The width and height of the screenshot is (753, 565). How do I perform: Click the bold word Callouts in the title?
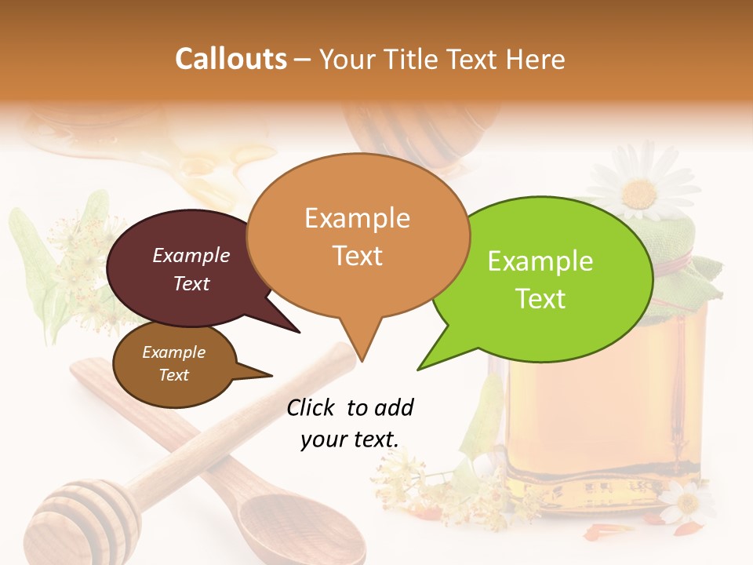(231, 59)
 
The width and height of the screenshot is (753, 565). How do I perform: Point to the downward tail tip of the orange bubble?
(362, 360)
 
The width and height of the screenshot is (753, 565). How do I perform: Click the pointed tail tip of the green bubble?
(418, 369)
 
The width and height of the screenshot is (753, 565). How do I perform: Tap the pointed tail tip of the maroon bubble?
(299, 332)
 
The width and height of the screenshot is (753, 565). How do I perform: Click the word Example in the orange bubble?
(357, 217)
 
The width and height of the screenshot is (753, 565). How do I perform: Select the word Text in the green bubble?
(541, 298)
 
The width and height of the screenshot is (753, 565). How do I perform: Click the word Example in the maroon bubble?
(191, 255)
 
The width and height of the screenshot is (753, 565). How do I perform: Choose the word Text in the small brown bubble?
(174, 375)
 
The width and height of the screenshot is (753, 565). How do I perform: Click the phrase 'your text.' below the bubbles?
(350, 440)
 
